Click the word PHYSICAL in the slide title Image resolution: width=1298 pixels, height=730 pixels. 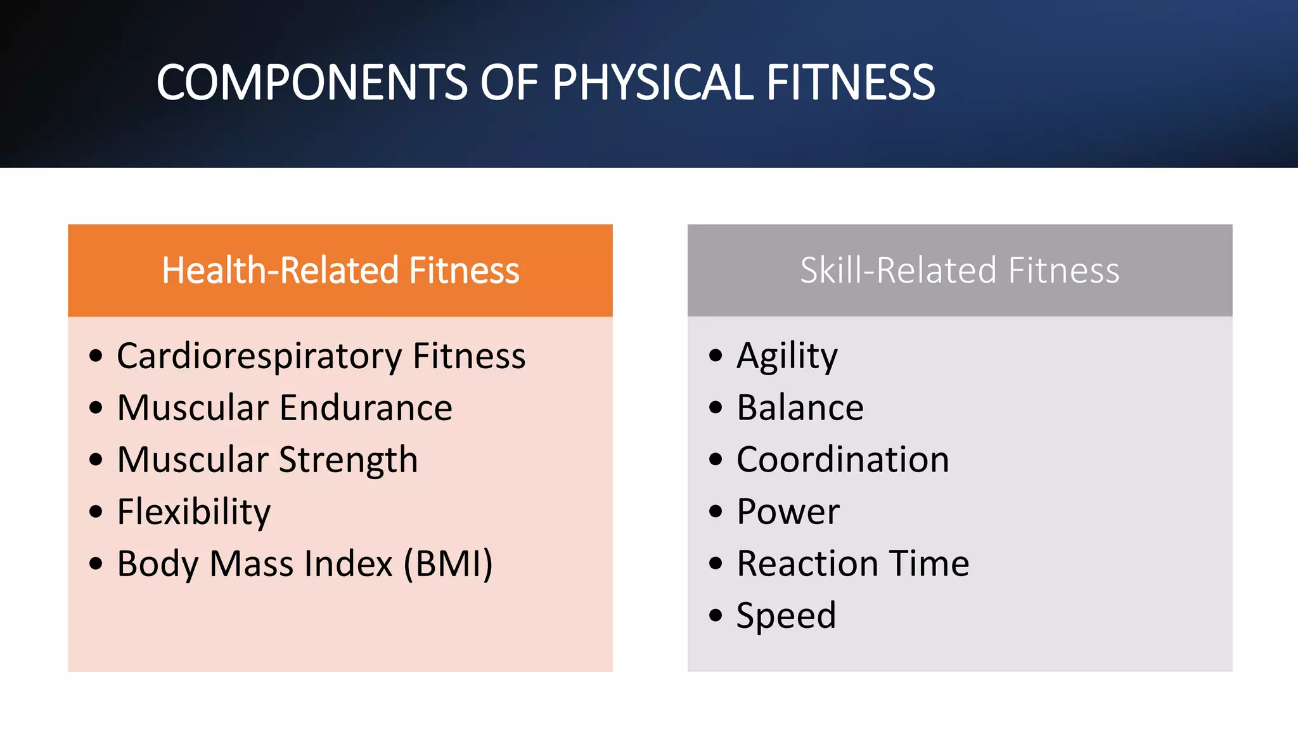click(653, 82)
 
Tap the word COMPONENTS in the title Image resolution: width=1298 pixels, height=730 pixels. click(312, 82)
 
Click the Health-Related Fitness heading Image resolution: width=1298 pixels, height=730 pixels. click(340, 271)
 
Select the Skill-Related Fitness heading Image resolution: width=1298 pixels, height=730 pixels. click(960, 271)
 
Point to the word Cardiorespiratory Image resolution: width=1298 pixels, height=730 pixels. click(259, 356)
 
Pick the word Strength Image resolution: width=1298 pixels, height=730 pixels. click(348, 460)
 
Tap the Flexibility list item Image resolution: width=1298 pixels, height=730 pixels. click(194, 512)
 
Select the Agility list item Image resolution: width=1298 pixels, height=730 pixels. click(787, 356)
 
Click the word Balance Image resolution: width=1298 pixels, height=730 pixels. click(800, 407)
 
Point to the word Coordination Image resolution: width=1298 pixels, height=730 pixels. click(842, 459)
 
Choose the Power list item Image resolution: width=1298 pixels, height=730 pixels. click(788, 511)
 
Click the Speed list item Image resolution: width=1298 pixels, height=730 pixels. click(786, 615)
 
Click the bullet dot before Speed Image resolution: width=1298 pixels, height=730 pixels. click(716, 615)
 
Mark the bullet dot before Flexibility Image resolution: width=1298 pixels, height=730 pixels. click(96, 511)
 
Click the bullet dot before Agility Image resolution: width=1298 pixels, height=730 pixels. click(716, 355)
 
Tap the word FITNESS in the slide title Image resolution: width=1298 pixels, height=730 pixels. click(851, 82)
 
